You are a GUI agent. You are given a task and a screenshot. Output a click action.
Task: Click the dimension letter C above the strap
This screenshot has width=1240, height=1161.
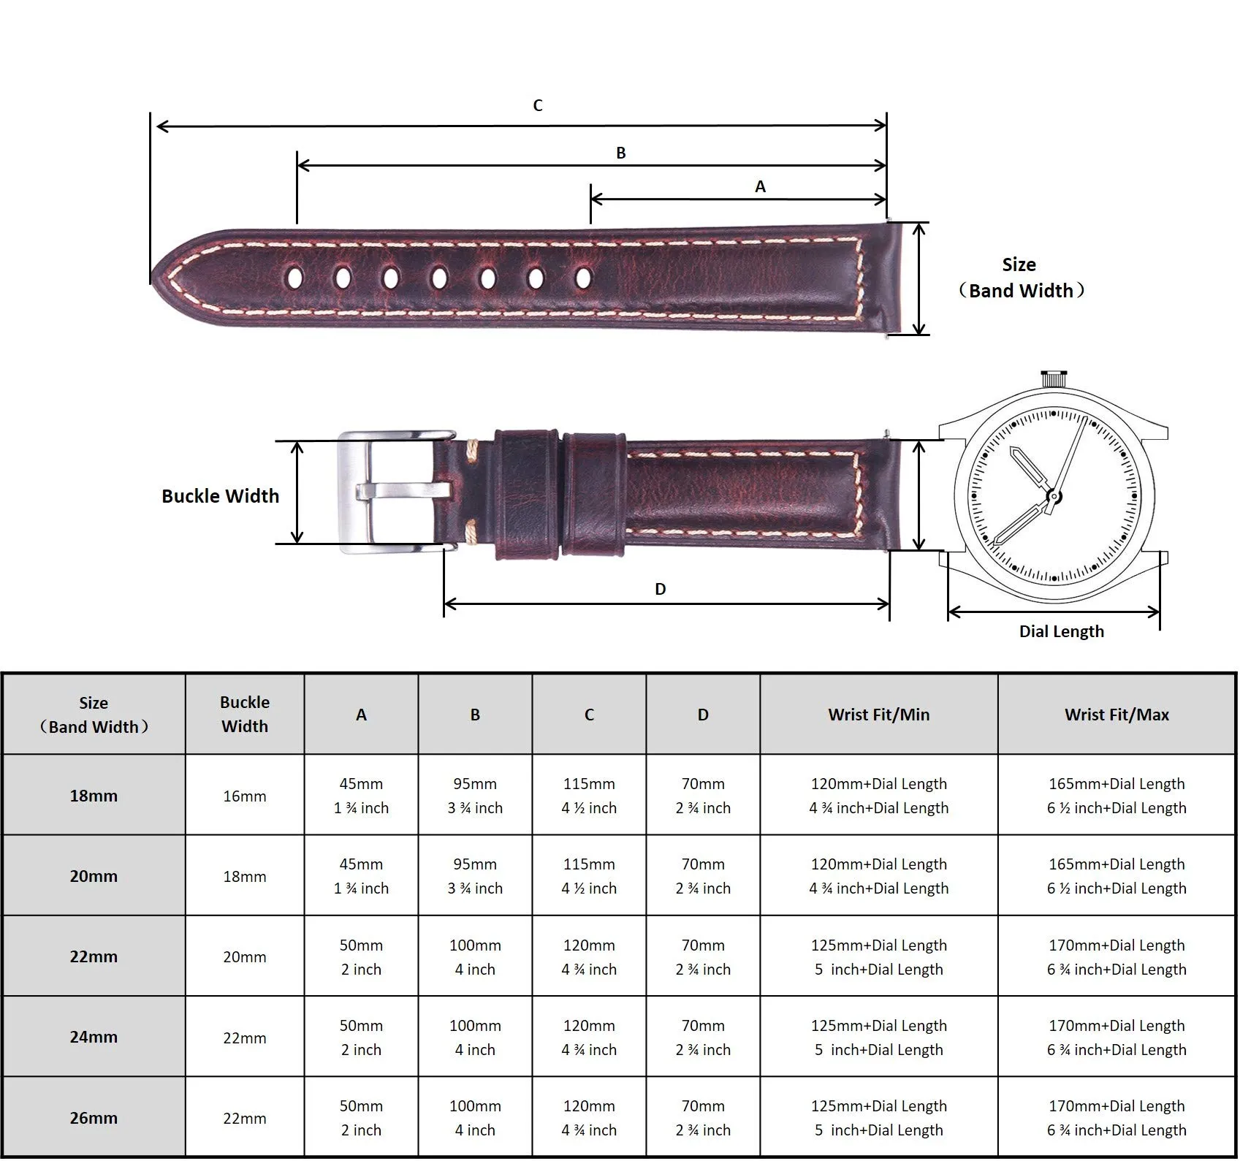[x=538, y=105]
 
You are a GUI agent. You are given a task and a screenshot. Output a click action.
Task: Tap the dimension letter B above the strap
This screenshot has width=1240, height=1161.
[x=621, y=153]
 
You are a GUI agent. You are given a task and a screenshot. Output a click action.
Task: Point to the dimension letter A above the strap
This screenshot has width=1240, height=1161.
[x=761, y=186]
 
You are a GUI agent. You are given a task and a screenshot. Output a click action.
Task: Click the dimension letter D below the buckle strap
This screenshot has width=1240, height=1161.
[x=661, y=589]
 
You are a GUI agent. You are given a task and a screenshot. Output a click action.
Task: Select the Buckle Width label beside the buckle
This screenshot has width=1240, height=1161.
[x=220, y=496]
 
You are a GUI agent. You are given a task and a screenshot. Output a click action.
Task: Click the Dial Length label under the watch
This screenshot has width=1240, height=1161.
[x=1062, y=631]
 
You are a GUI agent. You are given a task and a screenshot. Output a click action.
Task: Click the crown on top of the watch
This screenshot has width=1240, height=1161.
[x=1052, y=378]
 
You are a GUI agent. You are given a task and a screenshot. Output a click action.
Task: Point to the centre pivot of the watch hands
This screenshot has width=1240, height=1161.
[x=1054, y=497]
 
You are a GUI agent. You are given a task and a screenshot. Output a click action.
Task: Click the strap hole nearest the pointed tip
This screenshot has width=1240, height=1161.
[x=296, y=278]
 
